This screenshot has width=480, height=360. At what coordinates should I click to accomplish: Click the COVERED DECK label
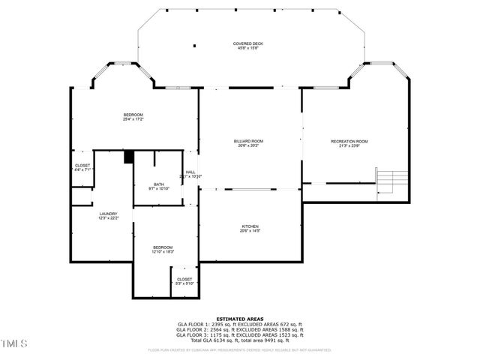tap(247, 44)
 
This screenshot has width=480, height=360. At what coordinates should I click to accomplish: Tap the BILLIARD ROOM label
tap(247, 141)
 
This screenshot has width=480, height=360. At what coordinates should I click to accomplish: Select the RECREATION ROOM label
tap(349, 141)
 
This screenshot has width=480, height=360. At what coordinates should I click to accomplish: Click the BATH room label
tap(159, 184)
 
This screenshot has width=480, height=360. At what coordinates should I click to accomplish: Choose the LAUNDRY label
tap(108, 214)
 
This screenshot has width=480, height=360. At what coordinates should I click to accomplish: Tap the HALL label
tap(190, 172)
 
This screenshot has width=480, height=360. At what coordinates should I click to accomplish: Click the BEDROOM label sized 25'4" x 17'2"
tap(133, 115)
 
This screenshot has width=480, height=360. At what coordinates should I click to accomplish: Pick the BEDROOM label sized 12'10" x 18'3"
tap(163, 247)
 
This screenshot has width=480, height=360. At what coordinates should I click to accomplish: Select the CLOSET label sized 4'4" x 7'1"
tap(82, 166)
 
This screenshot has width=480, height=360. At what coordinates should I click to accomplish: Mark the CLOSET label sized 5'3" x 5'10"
tap(184, 279)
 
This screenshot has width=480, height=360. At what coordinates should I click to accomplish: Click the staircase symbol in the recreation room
tap(389, 181)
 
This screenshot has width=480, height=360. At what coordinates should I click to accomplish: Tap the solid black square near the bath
tap(128, 157)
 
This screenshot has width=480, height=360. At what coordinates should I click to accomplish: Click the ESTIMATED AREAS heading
tap(239, 318)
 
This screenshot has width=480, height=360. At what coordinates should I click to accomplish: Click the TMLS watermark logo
tap(14, 344)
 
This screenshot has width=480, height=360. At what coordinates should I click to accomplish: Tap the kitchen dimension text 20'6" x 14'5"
tap(250, 231)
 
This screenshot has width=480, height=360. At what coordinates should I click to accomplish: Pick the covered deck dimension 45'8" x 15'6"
tap(247, 49)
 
